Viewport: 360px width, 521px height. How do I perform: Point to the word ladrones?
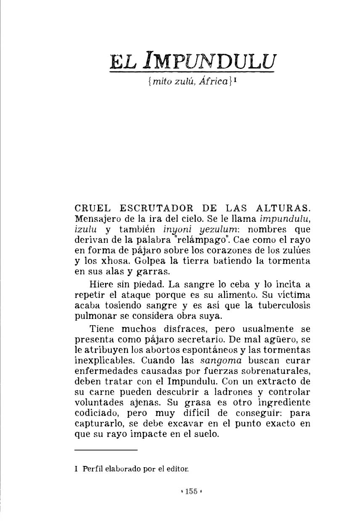[x=231, y=392]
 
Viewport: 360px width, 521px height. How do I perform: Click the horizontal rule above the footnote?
[x=106, y=450]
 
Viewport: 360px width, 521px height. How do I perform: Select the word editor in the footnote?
[x=176, y=468]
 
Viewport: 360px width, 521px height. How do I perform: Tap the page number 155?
[x=191, y=491]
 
